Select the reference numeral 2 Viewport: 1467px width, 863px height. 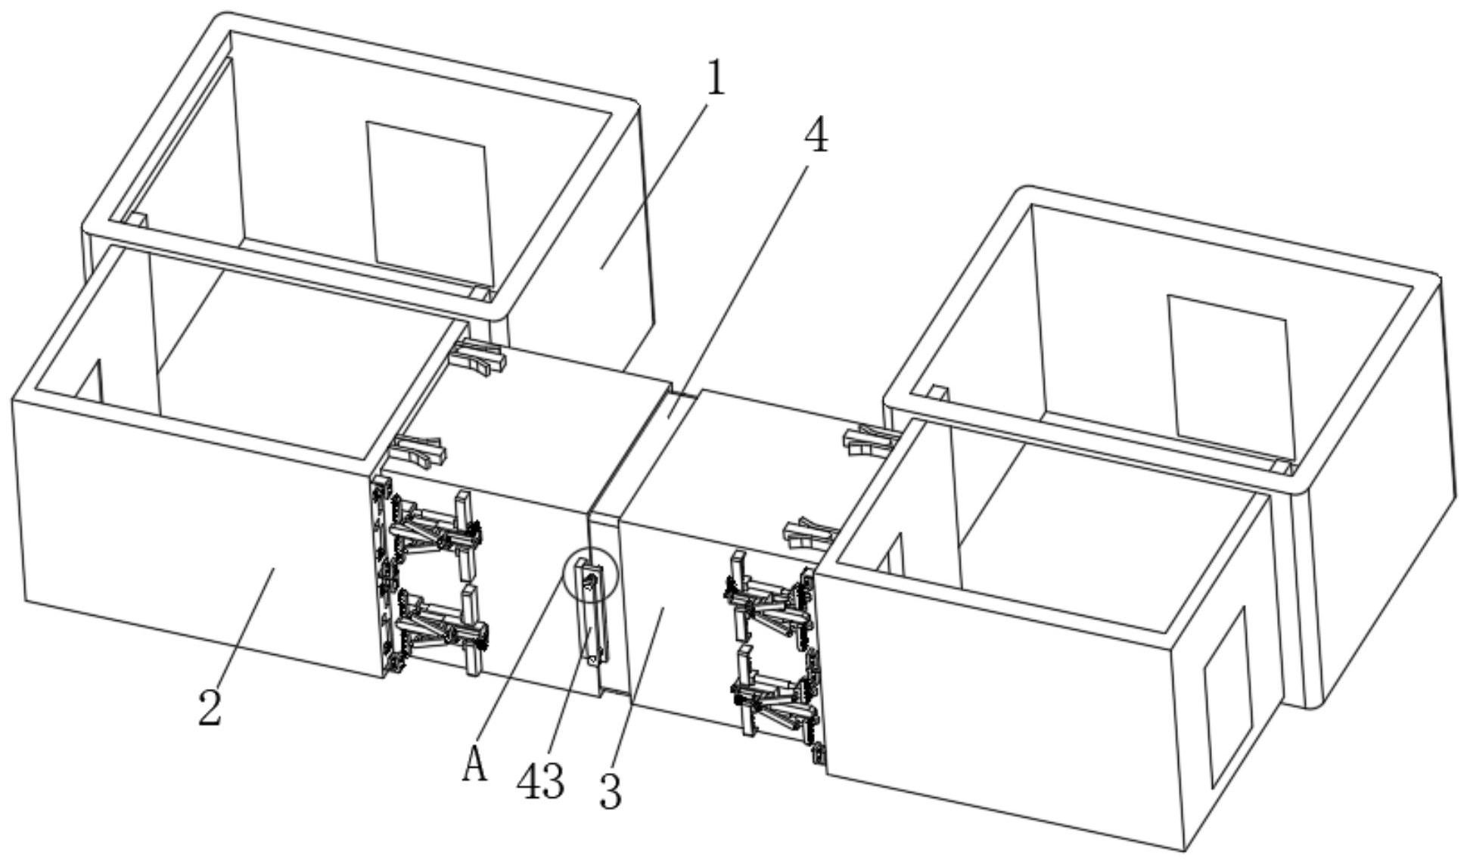pos(210,708)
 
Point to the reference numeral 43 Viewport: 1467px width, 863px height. pos(540,781)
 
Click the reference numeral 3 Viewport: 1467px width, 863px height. pos(610,792)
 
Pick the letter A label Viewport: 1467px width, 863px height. pos(474,763)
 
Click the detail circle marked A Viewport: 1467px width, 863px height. pos(591,576)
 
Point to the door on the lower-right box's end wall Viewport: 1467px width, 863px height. pos(1227,697)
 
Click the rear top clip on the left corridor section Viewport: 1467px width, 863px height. pos(478,356)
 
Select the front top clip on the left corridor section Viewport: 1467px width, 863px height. pos(418,452)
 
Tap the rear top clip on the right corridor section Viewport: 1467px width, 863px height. pos(870,440)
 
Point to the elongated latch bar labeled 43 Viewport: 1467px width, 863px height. pos(592,617)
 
